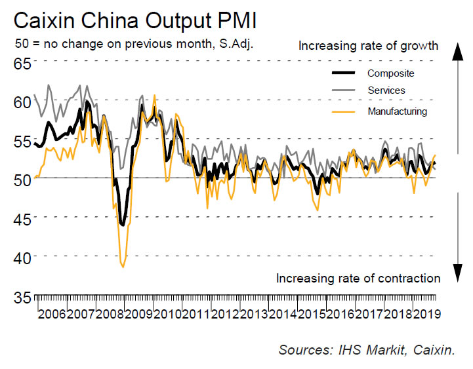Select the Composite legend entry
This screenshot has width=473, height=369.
390,73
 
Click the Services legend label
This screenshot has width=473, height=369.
386,90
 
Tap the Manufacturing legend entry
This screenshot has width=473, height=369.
397,111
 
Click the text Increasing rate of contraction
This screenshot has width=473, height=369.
358,278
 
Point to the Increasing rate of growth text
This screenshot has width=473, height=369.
368,46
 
